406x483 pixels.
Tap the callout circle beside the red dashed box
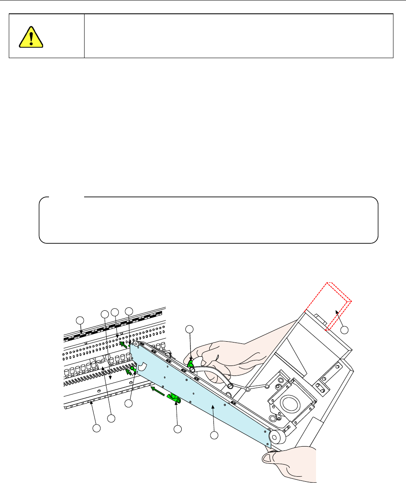point(344,330)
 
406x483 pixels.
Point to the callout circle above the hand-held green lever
point(190,329)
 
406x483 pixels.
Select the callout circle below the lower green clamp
point(178,429)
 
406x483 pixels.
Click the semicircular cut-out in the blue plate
point(141,367)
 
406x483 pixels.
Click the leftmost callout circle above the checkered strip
point(80,320)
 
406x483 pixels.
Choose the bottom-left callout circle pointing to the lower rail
point(97,428)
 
